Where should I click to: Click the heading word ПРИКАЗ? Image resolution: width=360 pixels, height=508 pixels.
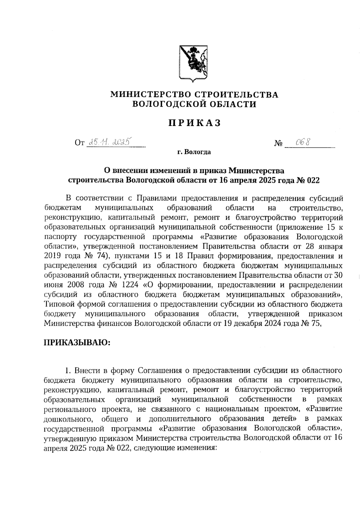(194, 123)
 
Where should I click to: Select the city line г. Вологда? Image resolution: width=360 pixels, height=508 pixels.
(194, 152)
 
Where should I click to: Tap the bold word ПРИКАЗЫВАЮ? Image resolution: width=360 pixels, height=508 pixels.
(77, 342)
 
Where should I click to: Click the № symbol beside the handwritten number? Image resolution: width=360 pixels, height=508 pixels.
(278, 144)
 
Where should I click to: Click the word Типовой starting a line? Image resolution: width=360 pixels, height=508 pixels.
(59, 304)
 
